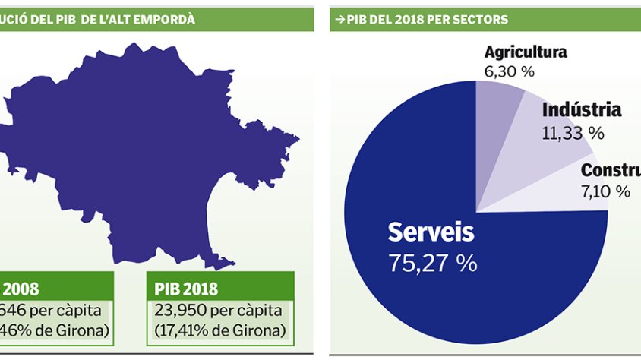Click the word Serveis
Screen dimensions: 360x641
431,232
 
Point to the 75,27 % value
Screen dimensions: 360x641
432,263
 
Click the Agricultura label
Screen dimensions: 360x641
526,52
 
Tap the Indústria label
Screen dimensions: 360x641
582,110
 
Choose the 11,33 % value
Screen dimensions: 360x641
573,133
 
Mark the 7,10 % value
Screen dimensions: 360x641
605,191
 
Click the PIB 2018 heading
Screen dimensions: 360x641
186,289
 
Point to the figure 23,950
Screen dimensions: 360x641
180,310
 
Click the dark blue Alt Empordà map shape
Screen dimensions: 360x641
144,152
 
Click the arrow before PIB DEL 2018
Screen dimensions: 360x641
338,18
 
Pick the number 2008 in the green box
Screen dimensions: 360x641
21,289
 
